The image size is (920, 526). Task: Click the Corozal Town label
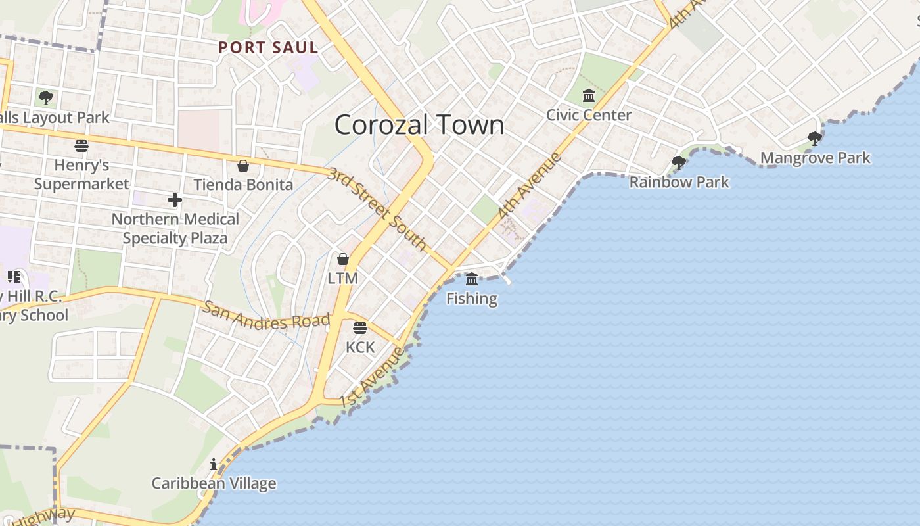pos(419,125)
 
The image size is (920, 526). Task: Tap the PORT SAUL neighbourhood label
pos(268,47)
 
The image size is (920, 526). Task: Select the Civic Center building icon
pos(589,97)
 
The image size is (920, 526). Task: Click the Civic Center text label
pos(589,115)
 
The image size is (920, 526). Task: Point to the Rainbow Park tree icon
pos(678,162)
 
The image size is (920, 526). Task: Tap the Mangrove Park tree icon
pos(815,139)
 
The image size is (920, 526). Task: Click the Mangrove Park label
pos(815,158)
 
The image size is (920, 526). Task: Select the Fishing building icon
pos(472,279)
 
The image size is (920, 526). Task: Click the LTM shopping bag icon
pos(342,259)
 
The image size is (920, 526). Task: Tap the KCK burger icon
pos(360,327)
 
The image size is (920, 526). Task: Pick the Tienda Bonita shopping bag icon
pos(242,166)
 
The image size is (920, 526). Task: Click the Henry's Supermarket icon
pos(81,145)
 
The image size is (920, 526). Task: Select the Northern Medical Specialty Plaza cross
pos(175,199)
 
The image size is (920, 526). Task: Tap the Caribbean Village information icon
pos(214,465)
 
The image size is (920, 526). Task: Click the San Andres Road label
pos(266,315)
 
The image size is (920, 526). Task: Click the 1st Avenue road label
pos(373,377)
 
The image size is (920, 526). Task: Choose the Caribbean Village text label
pos(214,484)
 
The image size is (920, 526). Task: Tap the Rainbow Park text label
pos(679,181)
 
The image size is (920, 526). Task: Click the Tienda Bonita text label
pos(243,185)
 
